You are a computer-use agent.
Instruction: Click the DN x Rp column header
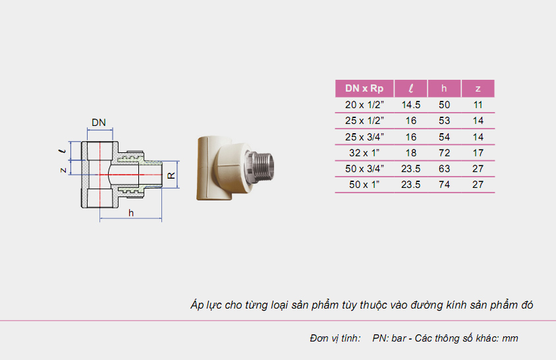364,88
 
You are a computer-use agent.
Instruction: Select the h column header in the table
444,88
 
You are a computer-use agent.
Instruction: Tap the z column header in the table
478,88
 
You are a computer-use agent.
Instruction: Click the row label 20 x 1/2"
364,104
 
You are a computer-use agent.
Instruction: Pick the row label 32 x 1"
364,152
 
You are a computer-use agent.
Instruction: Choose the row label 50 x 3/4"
364,168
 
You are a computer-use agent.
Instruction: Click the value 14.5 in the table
411,104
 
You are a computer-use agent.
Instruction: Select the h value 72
444,152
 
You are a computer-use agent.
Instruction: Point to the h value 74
444,185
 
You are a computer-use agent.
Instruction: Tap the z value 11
478,104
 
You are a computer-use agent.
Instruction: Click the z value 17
478,152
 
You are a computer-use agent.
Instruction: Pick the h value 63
444,168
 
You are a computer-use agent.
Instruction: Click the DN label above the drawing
99,123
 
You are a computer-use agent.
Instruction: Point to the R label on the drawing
171,175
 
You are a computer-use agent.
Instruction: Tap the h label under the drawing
131,212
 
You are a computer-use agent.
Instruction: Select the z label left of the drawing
63,170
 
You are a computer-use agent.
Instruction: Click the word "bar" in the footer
399,338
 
